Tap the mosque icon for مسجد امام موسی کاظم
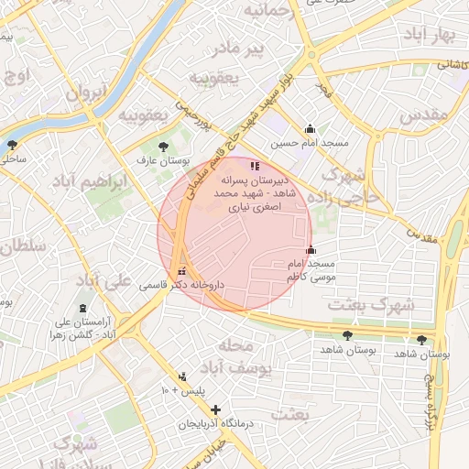click(x=311, y=250)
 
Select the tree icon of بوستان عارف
click(x=163, y=146)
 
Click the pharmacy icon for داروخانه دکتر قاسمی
click(x=181, y=272)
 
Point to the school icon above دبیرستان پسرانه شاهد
click(x=254, y=167)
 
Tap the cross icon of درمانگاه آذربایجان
click(x=215, y=410)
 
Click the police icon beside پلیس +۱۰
click(x=183, y=376)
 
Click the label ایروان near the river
click(x=87, y=92)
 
